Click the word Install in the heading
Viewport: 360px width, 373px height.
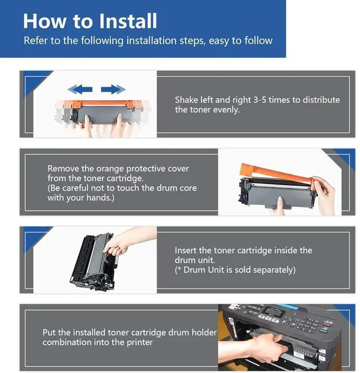[128, 21]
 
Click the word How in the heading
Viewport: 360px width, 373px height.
[44, 21]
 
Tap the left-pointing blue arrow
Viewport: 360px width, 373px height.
[80, 89]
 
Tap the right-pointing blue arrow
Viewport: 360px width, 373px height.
[113, 89]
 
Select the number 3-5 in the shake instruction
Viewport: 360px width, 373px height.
[260, 100]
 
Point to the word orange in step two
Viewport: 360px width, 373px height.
[110, 169]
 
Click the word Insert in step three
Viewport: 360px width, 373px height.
[186, 250]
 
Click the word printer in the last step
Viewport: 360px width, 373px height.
[139, 343]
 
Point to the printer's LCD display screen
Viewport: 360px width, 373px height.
[275, 311]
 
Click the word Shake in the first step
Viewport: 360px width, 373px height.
[186, 100]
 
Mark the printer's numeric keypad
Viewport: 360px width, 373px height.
[307, 323]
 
